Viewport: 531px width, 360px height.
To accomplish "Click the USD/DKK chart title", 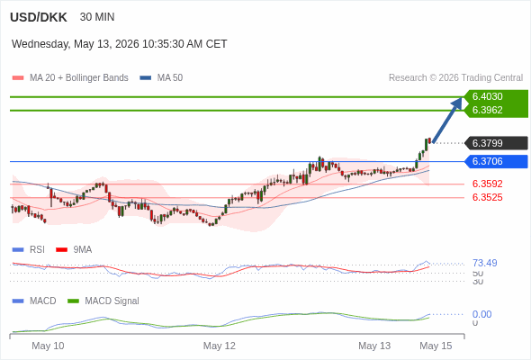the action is (39, 17).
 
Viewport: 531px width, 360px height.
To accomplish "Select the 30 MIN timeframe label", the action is (97, 17).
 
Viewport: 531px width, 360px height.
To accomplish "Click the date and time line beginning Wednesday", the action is (119, 44).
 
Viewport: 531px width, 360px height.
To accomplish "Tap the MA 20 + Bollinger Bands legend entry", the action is (70, 78).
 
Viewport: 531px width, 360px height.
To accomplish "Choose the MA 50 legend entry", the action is (161, 78).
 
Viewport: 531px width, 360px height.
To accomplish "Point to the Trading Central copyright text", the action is (455, 78).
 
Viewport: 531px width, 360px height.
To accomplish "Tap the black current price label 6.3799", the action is (497, 143).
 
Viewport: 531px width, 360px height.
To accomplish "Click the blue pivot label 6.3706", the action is (497, 161).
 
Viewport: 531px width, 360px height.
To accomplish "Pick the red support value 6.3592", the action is (487, 184).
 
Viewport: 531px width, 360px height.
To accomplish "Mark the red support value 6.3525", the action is (487, 197).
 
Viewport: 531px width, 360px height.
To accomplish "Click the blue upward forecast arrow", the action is (447, 120).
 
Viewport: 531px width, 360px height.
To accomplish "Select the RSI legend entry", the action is (29, 249).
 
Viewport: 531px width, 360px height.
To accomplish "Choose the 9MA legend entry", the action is (74, 249).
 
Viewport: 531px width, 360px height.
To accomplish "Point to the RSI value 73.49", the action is (484, 263).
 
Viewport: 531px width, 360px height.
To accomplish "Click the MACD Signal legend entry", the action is (103, 301).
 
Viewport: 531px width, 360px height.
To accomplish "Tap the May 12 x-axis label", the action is (219, 346).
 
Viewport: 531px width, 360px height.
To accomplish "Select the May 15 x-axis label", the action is (436, 346).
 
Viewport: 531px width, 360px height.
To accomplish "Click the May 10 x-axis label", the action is (48, 346).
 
